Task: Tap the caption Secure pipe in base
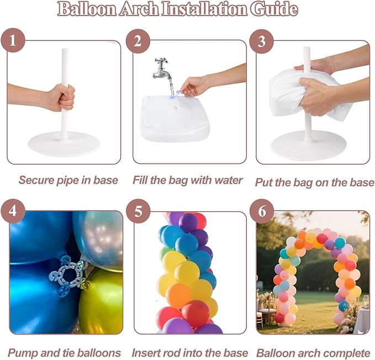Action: click(x=68, y=180)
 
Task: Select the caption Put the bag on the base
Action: click(x=314, y=182)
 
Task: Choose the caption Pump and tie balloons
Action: click(x=65, y=352)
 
